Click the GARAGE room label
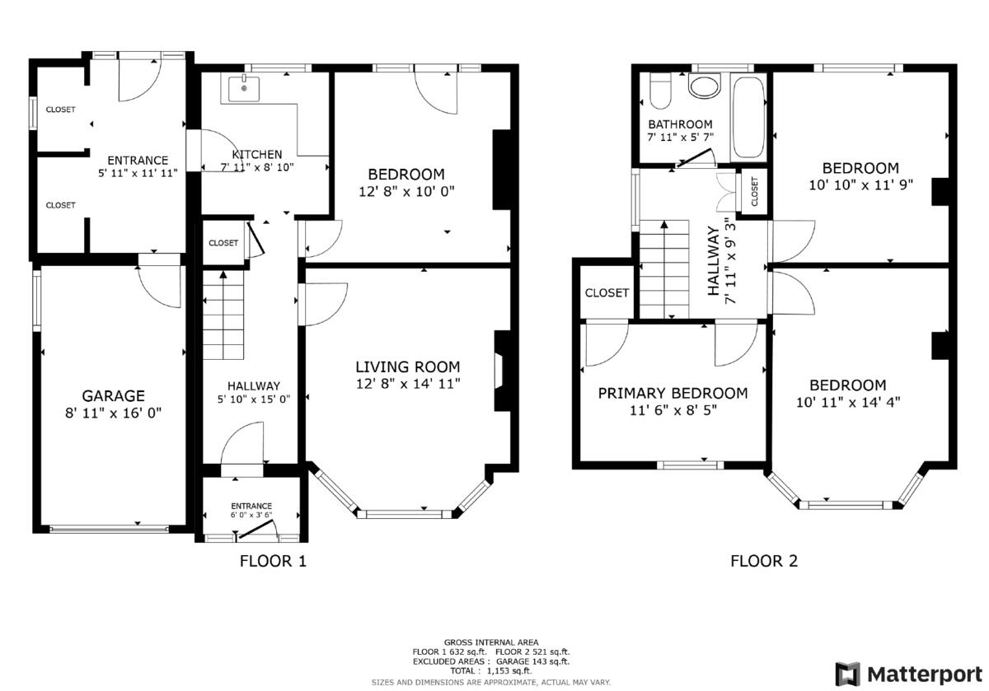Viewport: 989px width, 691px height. [x=113, y=395]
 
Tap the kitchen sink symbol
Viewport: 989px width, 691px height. [x=245, y=85]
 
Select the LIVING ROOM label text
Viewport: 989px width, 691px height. [x=407, y=367]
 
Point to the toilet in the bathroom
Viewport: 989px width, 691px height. [x=661, y=91]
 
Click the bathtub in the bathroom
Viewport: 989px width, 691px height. [x=748, y=117]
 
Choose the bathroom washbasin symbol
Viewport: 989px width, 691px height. [x=705, y=86]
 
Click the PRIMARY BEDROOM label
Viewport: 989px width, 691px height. [x=673, y=393]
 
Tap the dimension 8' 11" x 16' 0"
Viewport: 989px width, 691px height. [x=113, y=413]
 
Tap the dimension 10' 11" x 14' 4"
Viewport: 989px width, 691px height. [x=847, y=402]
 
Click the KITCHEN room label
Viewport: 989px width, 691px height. [x=256, y=154]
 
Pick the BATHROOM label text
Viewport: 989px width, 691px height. [x=680, y=124]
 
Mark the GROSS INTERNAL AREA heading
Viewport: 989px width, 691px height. [x=490, y=642]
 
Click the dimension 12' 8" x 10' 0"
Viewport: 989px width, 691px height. [x=406, y=191]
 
